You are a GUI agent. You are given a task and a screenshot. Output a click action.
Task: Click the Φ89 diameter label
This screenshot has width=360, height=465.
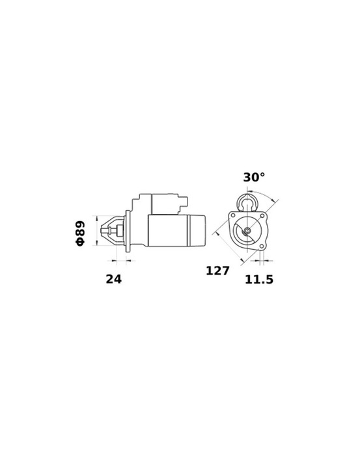(80, 233)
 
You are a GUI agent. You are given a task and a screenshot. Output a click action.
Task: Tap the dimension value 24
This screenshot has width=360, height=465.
(114, 279)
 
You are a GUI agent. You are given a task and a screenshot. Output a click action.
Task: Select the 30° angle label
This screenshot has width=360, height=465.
(254, 177)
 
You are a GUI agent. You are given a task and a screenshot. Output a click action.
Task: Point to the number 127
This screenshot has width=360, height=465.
(217, 271)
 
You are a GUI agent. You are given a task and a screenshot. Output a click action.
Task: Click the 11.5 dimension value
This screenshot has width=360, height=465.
(259, 280)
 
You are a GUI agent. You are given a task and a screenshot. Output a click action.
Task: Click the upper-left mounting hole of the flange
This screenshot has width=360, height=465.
(232, 216)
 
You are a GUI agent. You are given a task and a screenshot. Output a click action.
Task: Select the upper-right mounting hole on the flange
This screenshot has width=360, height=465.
(263, 216)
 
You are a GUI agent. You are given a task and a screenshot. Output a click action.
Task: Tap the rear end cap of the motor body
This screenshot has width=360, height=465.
(198, 231)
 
